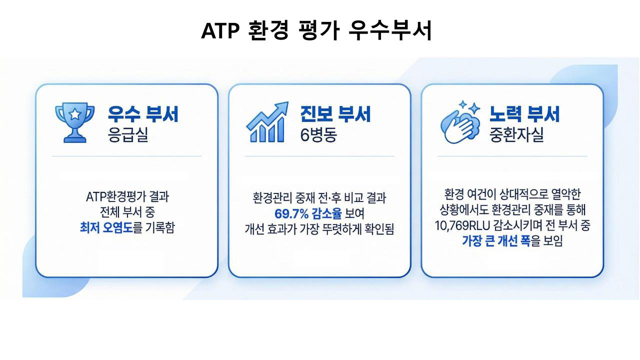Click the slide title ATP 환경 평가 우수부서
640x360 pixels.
(x=316, y=30)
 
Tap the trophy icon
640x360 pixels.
(x=74, y=122)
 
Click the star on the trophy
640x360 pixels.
(x=75, y=114)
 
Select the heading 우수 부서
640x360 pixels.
(x=143, y=114)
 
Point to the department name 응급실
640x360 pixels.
(x=127, y=134)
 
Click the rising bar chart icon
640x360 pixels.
(x=267, y=122)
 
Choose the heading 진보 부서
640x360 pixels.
(x=335, y=114)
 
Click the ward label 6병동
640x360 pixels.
(x=318, y=134)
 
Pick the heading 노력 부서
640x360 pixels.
(x=524, y=114)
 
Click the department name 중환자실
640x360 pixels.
(x=516, y=134)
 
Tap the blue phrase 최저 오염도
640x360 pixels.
(x=106, y=227)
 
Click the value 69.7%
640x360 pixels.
(x=291, y=213)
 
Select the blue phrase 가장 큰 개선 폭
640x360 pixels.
(x=496, y=241)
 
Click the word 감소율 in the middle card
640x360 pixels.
(x=326, y=213)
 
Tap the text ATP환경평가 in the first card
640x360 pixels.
(x=115, y=197)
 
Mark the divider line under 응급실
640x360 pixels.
(x=127, y=156)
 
